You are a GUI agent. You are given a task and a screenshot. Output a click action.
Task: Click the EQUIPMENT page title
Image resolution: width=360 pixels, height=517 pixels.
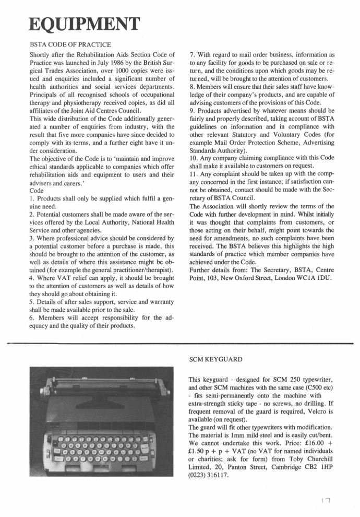tap(83, 25)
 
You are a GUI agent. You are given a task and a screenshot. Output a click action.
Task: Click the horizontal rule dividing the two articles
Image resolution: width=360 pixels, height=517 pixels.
tap(180, 344)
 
